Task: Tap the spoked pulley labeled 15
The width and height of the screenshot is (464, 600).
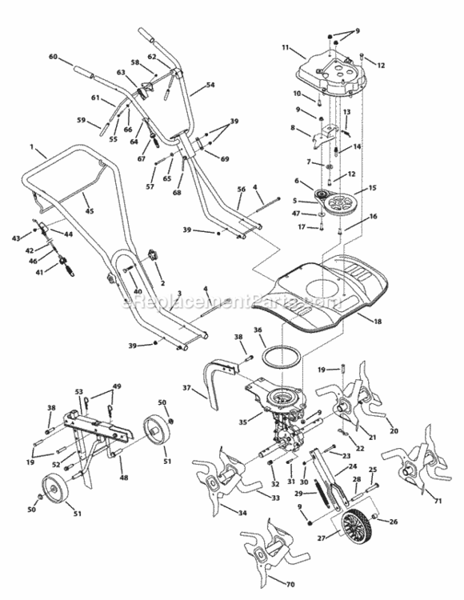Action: pyautogui.click(x=346, y=201)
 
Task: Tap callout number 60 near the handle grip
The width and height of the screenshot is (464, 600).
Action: pyautogui.click(x=54, y=57)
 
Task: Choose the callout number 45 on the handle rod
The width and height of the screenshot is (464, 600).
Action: pyautogui.click(x=90, y=210)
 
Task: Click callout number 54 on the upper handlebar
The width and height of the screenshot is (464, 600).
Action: pyautogui.click(x=210, y=84)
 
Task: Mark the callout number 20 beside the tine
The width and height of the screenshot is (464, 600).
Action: pyautogui.click(x=393, y=430)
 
